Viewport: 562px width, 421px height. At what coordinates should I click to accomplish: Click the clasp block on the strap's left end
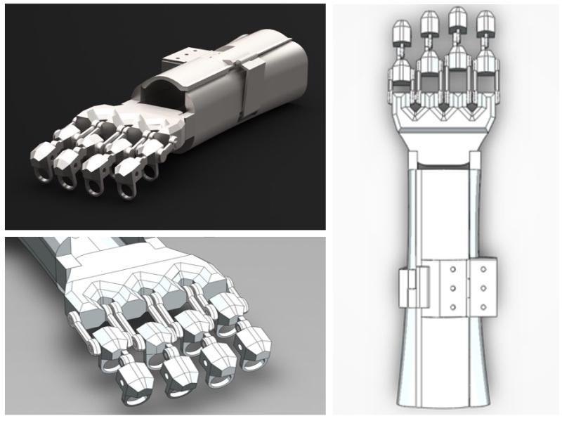406,289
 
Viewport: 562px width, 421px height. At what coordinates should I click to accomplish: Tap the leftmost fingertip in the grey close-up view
129,375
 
